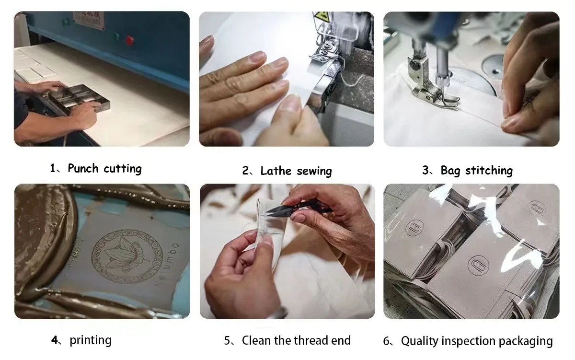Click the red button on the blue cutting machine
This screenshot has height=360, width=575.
[x=129, y=40]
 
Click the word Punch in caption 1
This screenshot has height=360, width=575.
[x=83, y=168]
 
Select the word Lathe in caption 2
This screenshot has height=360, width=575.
[x=276, y=171]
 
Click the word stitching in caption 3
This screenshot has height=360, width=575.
[x=489, y=171]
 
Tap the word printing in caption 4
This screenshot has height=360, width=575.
[x=91, y=340]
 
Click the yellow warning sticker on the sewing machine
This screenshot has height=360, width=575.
[x=322, y=17]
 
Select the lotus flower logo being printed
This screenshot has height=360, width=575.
[x=127, y=256]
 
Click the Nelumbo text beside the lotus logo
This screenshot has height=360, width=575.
[x=167, y=265]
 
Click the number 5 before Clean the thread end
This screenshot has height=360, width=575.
[x=228, y=341]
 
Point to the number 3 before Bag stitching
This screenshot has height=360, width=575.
[x=425, y=171]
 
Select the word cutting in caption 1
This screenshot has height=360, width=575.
[x=123, y=169]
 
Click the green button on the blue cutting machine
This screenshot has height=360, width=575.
[x=117, y=36]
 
